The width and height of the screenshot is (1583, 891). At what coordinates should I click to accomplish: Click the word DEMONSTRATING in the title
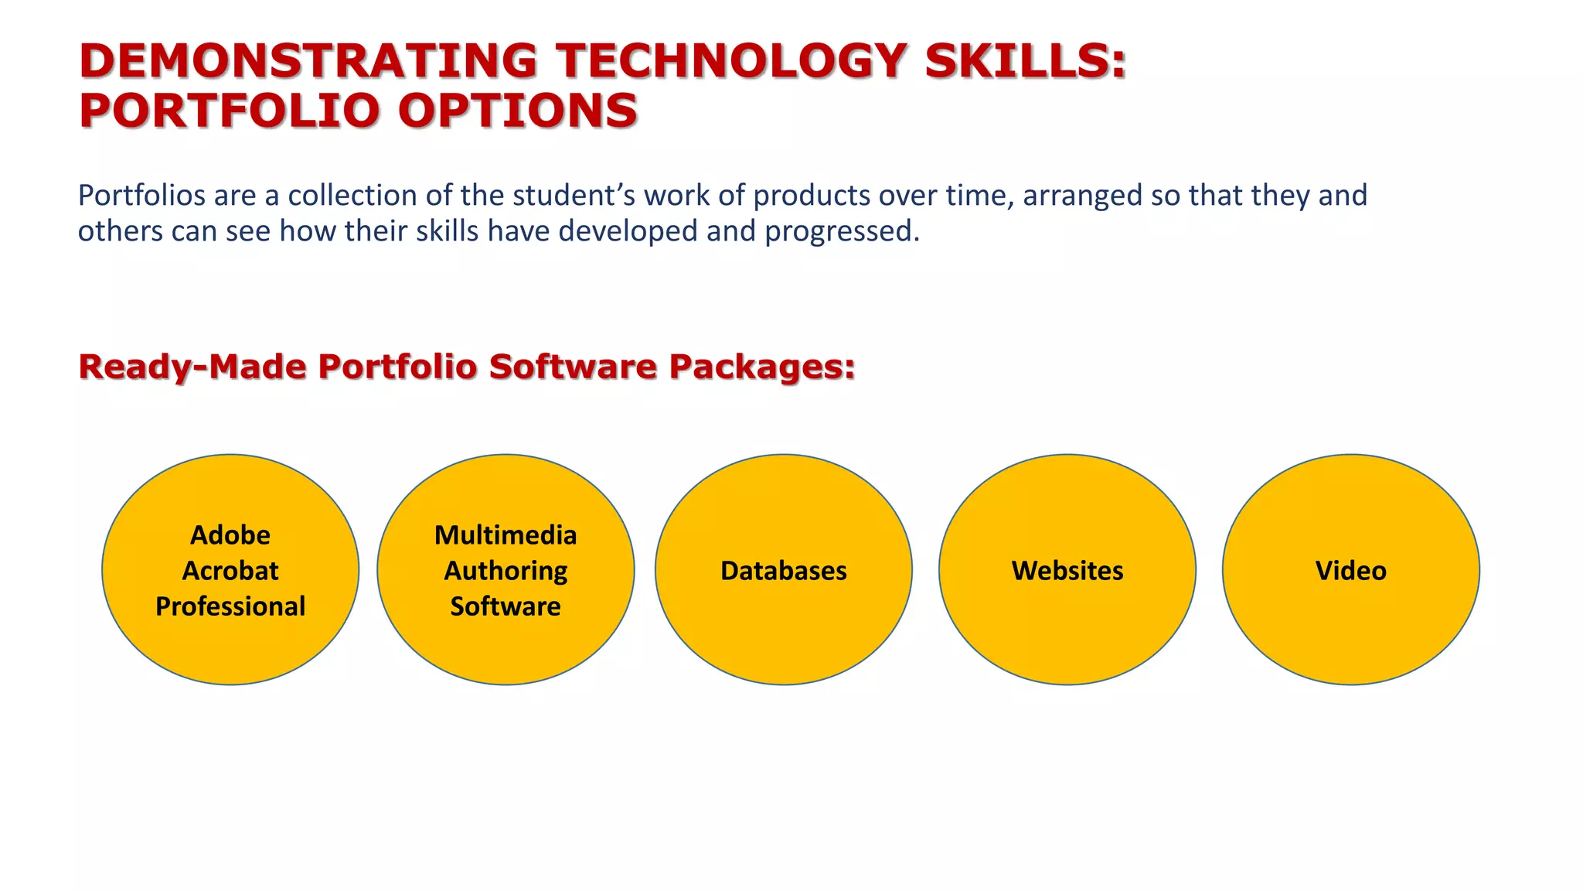308,61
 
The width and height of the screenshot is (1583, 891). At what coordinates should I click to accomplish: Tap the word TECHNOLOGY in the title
731,61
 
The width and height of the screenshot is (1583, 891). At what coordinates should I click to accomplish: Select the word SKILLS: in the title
1026,61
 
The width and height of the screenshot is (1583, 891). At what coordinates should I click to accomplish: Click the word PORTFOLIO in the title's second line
230,111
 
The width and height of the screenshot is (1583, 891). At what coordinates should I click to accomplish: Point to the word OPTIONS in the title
518,111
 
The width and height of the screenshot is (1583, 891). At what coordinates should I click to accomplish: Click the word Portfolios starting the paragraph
141,196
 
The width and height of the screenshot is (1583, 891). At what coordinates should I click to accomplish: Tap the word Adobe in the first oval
230,535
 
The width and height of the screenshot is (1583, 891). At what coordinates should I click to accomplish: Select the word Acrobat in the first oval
230,571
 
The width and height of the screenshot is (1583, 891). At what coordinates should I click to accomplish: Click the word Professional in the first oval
230,606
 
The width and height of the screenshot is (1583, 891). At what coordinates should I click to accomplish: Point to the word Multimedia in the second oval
506,535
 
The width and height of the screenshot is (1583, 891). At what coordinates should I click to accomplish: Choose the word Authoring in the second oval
506,571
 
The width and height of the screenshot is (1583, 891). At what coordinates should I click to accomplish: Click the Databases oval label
784,571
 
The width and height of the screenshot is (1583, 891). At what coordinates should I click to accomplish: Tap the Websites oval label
1067,571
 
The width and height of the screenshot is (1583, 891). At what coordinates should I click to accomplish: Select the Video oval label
1351,571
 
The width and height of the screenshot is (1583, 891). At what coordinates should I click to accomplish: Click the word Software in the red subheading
572,367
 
